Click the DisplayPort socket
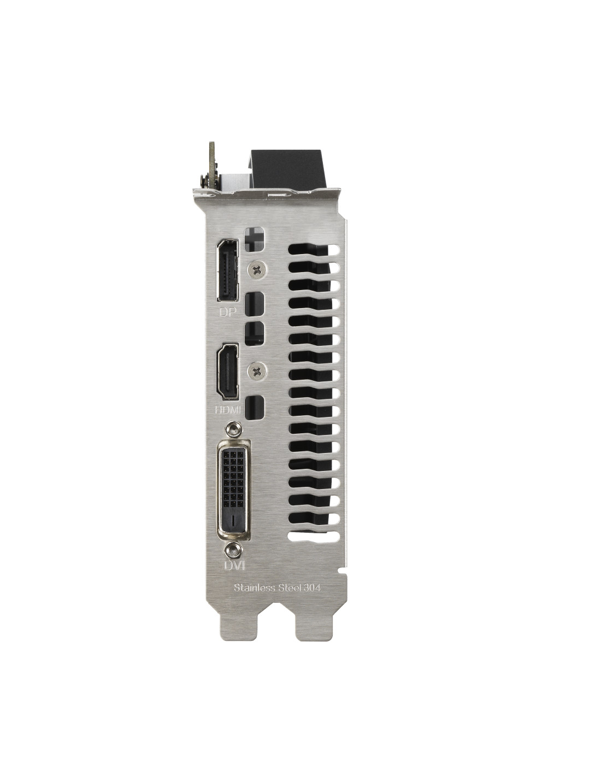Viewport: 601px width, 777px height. click(x=227, y=270)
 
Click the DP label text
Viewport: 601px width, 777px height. click(x=227, y=313)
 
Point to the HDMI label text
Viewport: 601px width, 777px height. click(x=228, y=410)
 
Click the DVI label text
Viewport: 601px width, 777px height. click(x=234, y=566)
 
